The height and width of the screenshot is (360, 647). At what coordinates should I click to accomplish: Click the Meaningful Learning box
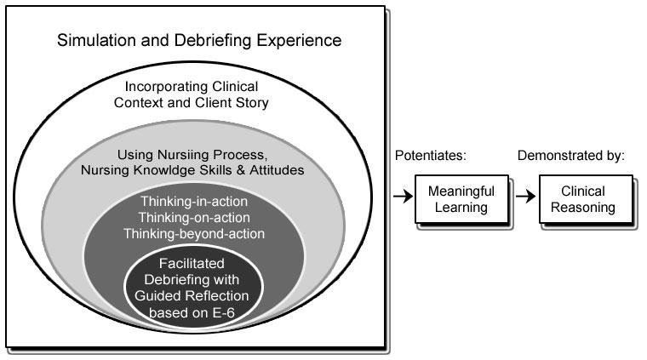[x=460, y=201]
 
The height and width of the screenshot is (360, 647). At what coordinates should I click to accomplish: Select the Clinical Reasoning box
[x=585, y=201]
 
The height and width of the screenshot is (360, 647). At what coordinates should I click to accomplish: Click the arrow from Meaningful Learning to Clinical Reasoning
[x=525, y=198]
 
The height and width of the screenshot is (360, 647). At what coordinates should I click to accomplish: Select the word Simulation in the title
[x=95, y=40]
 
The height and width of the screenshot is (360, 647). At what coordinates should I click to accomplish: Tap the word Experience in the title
[x=295, y=40]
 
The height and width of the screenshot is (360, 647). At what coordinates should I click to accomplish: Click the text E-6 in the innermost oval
[x=231, y=311]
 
